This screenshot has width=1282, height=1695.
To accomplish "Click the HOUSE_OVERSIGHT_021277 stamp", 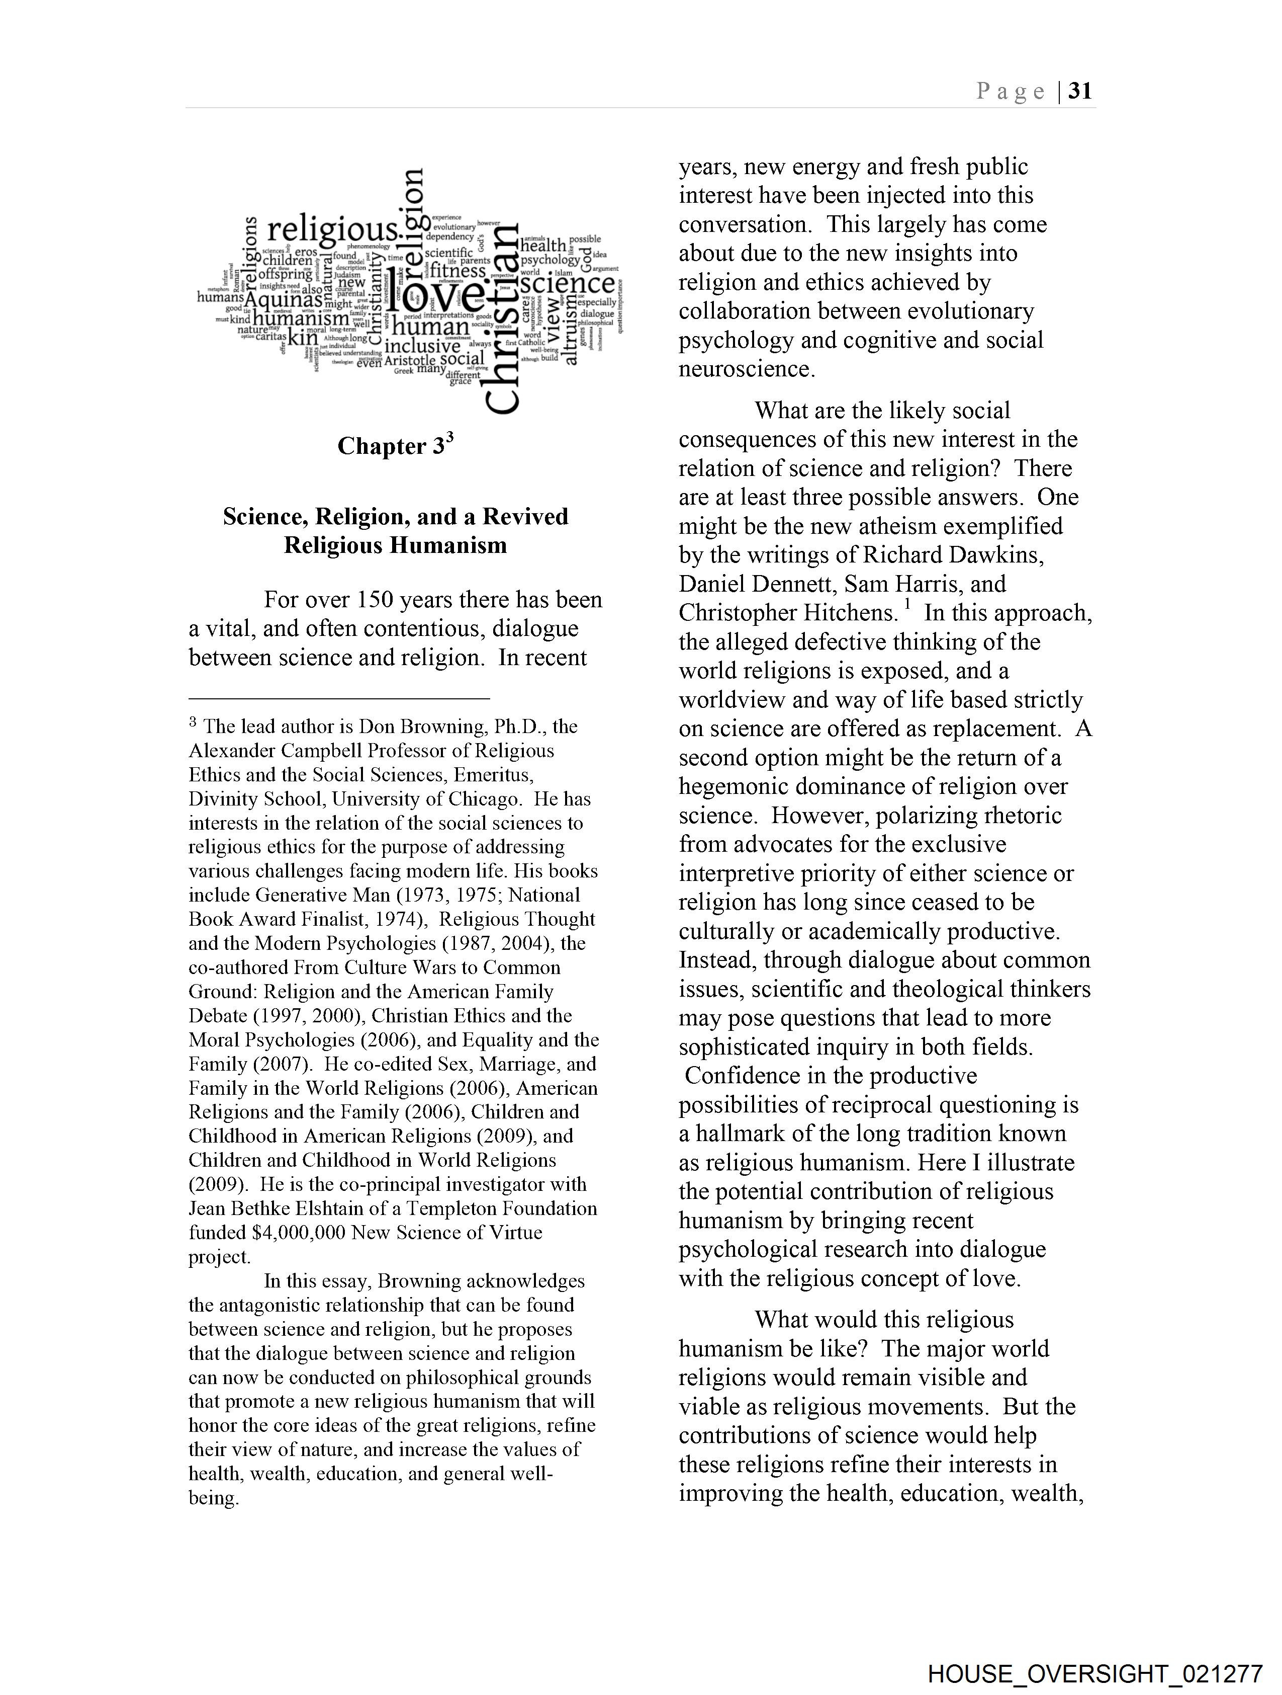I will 1094,1673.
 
